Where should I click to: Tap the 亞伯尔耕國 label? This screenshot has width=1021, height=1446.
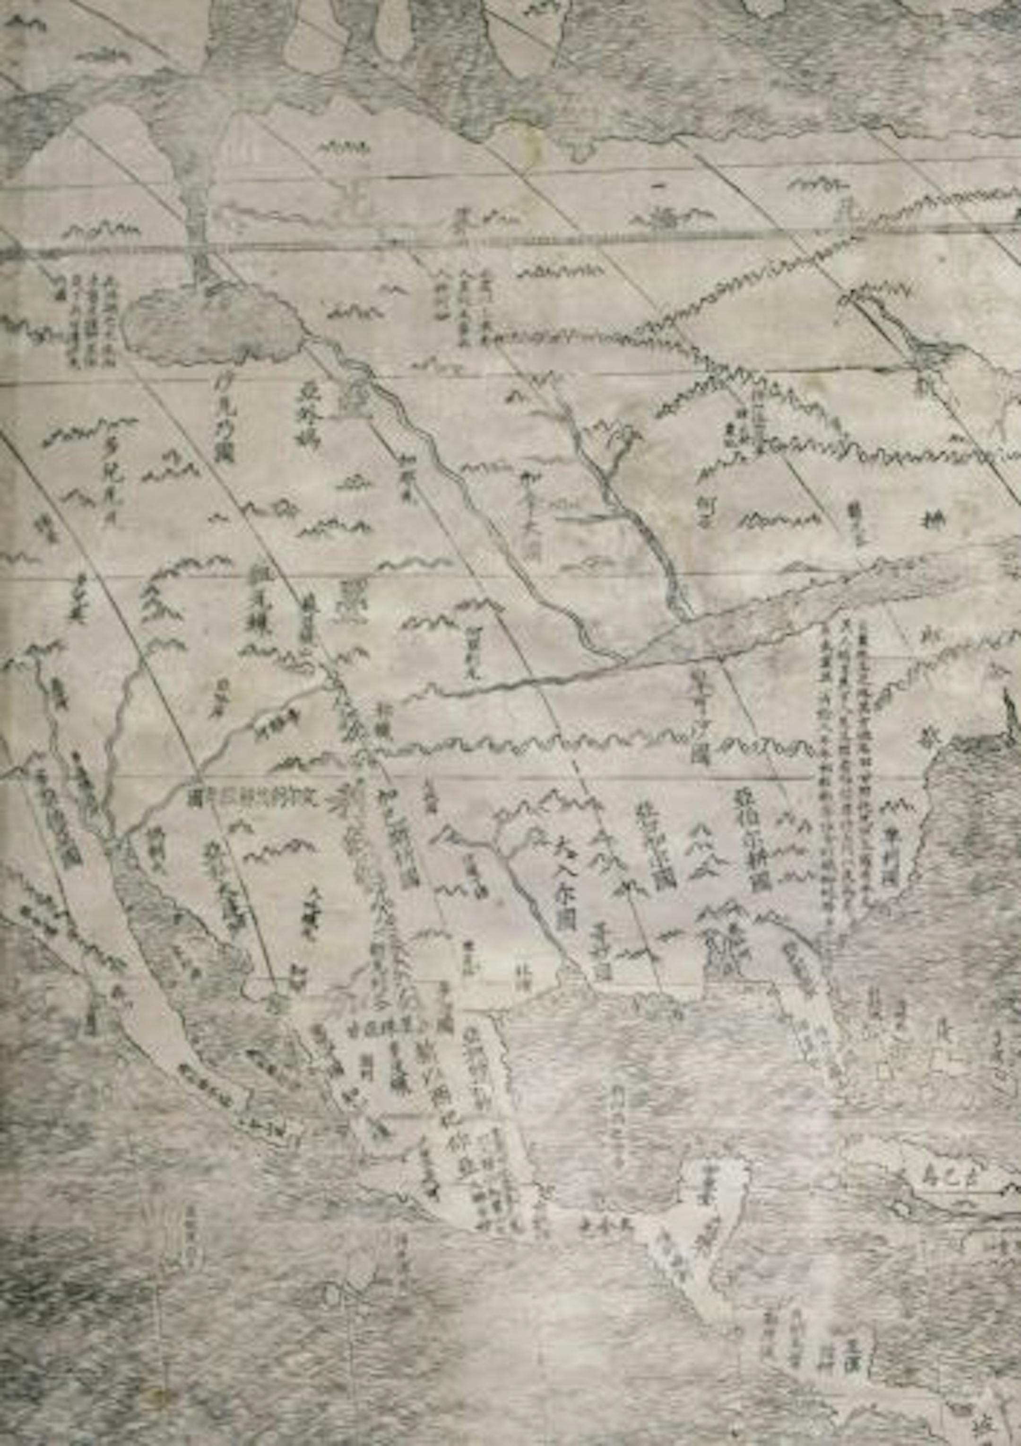[750, 838]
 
